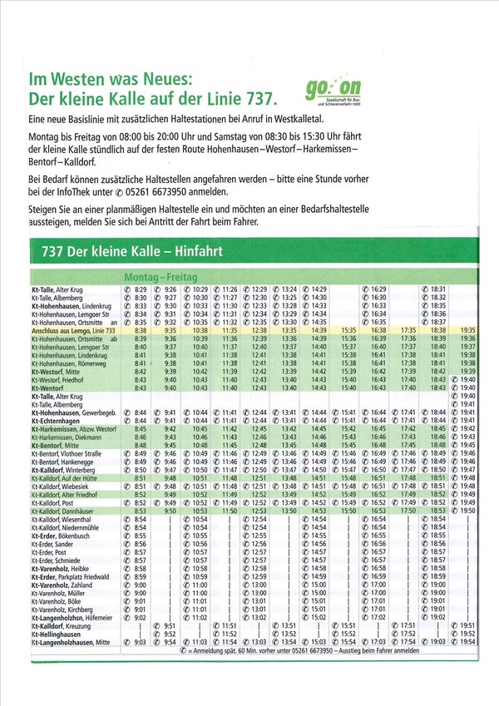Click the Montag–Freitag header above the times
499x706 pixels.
coord(154,275)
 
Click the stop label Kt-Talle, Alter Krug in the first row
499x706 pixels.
coord(61,289)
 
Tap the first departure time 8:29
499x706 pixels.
coord(141,289)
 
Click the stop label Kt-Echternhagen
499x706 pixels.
coord(57,421)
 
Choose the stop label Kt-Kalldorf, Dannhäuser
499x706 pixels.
coord(65,511)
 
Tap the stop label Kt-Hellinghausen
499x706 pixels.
coord(57,634)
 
